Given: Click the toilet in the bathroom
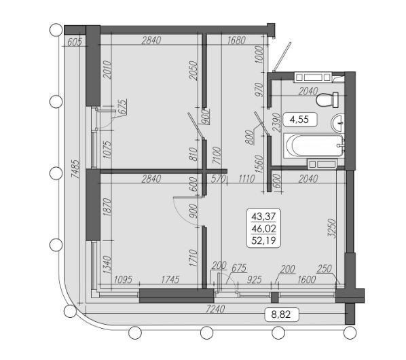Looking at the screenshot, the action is coord(327,100).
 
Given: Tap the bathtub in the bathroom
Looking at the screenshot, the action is coord(314,146).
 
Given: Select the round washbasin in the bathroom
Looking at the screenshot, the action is coord(338,123).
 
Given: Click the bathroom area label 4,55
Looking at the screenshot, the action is coord(299,120).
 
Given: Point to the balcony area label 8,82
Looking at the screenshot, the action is coord(281,314).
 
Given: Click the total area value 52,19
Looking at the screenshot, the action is coord(263,240).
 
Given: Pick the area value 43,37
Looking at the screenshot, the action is coord(263,216).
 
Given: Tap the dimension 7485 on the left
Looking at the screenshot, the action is coord(75,169).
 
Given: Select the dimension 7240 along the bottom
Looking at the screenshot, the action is coord(215,309).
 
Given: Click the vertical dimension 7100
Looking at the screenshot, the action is coord(217,156).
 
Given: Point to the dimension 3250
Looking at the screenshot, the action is coord(332,228).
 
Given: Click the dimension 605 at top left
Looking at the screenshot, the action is coord(74,41).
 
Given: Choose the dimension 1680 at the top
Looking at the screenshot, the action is coord(236,40).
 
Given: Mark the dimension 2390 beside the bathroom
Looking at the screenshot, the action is coord(277,122).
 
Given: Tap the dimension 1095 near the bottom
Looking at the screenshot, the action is coord(124,279).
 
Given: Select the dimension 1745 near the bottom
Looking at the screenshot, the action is coord(170,279).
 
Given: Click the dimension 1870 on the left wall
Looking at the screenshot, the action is coord(107,207).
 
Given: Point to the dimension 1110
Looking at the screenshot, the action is coord(246,179).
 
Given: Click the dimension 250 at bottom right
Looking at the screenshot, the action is coord(325,269).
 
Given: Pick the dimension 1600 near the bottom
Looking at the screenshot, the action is coord(307,279).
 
